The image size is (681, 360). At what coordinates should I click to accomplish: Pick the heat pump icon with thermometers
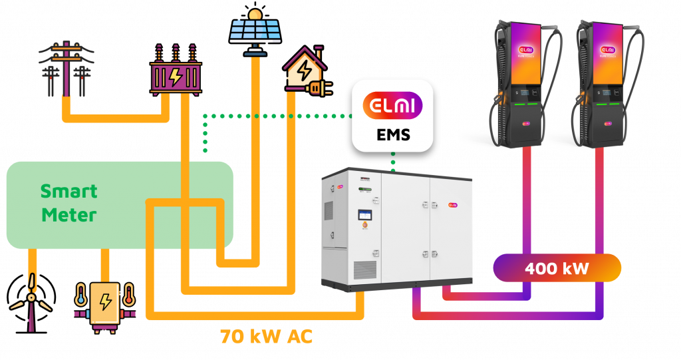[104, 305]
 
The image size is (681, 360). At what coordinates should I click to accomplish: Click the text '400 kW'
[557, 268]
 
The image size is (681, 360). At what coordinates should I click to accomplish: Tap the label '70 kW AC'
[266, 336]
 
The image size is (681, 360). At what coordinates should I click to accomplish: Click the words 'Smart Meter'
[68, 203]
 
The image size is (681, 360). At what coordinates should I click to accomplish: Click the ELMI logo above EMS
[392, 106]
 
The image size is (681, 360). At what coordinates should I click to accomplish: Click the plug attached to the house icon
[315, 87]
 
